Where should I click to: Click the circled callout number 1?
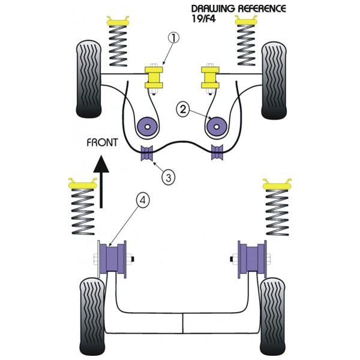pyautogui.click(x=174, y=38)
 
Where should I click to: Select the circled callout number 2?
pyautogui.click(x=183, y=110)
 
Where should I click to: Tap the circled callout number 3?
pyautogui.click(x=168, y=177)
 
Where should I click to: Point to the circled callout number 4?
pyautogui.click(x=143, y=200)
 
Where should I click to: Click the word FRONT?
pyautogui.click(x=102, y=143)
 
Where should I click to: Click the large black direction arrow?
pyautogui.click(x=101, y=182)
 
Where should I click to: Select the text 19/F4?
pyautogui.click(x=203, y=19)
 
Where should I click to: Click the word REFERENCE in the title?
pyautogui.click(x=262, y=9)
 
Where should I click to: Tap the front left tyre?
pyautogui.click(x=89, y=79)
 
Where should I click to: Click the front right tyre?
pyautogui.click(x=274, y=80)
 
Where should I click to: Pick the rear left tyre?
pyautogui.click(x=92, y=317)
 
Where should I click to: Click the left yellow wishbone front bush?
pyautogui.click(x=154, y=77)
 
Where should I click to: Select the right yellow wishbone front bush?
pyautogui.click(x=210, y=77)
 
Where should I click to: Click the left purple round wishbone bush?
pyautogui.click(x=148, y=127)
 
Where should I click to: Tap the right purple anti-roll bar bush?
pyautogui.click(x=217, y=152)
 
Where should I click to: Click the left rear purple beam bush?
pyautogui.click(x=113, y=259)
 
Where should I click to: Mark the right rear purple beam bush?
pyautogui.click(x=252, y=259)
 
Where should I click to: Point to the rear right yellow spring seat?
pyautogui.click(x=277, y=184)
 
